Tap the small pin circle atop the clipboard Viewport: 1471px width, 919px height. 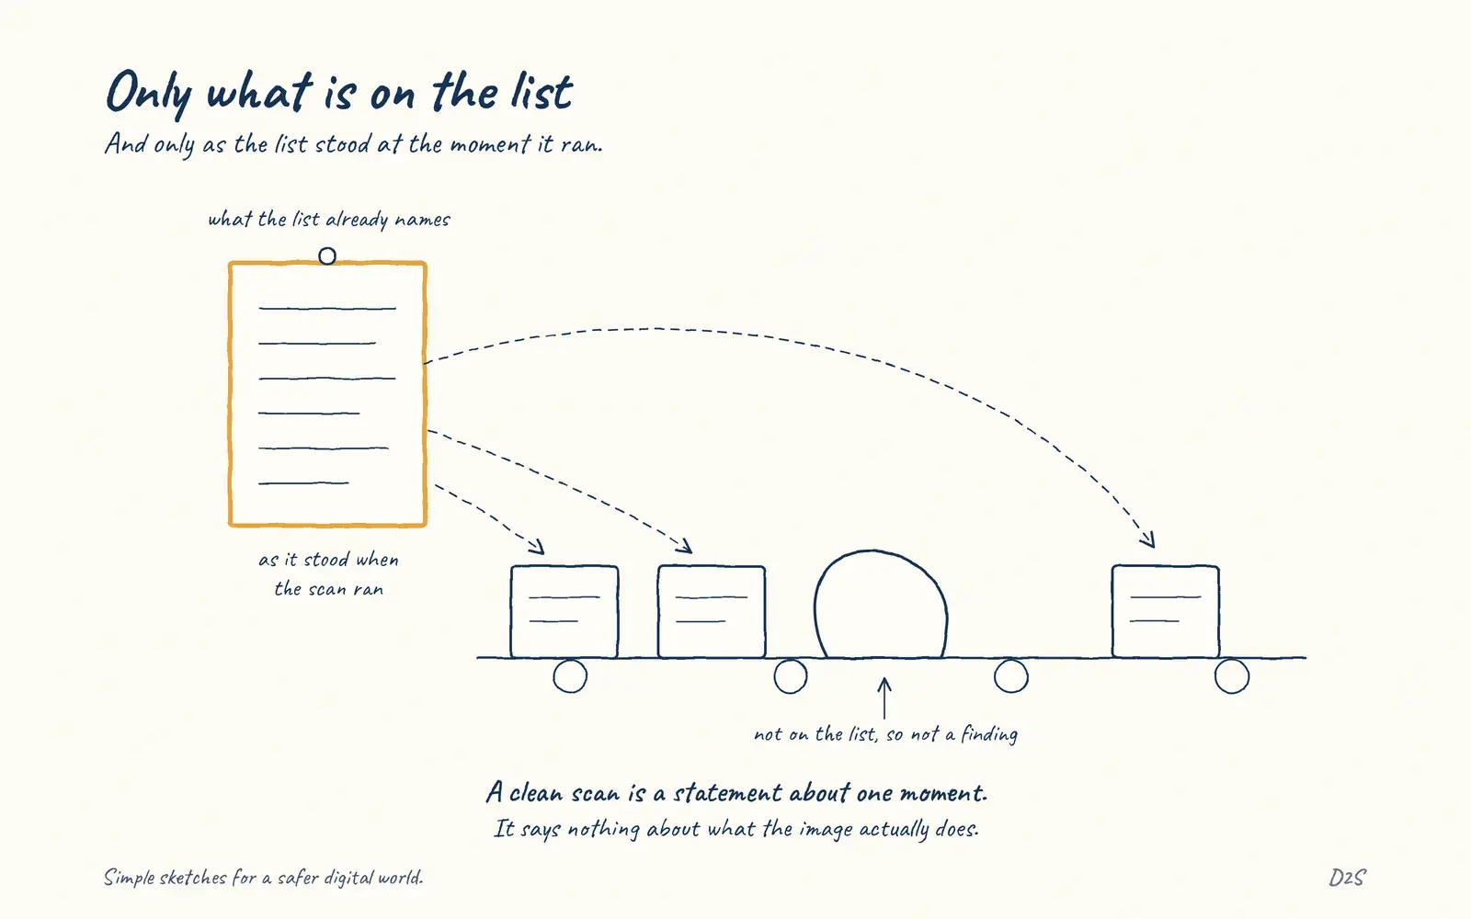pyautogui.click(x=327, y=255)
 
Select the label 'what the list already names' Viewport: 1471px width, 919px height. pyautogui.click(x=329, y=220)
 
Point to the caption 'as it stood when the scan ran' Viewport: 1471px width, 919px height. pyautogui.click(x=328, y=574)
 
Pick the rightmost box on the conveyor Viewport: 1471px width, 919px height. pyautogui.click(x=1166, y=611)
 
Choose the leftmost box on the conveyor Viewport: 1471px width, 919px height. pyautogui.click(x=564, y=611)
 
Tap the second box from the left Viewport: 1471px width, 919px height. pyautogui.click(x=712, y=611)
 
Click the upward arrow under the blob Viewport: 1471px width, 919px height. pyautogui.click(x=884, y=698)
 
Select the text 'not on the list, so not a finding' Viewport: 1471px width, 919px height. pyautogui.click(x=886, y=734)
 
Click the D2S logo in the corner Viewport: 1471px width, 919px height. pyautogui.click(x=1347, y=878)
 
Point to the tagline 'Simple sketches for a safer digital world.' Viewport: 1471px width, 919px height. pyautogui.click(x=263, y=878)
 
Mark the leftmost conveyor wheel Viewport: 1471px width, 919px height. pyautogui.click(x=570, y=676)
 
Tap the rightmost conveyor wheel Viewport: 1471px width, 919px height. pyautogui.click(x=1232, y=676)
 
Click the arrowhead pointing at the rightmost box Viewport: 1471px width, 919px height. pyautogui.click(x=1148, y=539)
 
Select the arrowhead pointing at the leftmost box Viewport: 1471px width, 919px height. pyautogui.click(x=537, y=547)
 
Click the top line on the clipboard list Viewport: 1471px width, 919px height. pyautogui.click(x=327, y=308)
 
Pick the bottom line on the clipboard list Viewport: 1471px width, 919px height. pyautogui.click(x=303, y=483)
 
